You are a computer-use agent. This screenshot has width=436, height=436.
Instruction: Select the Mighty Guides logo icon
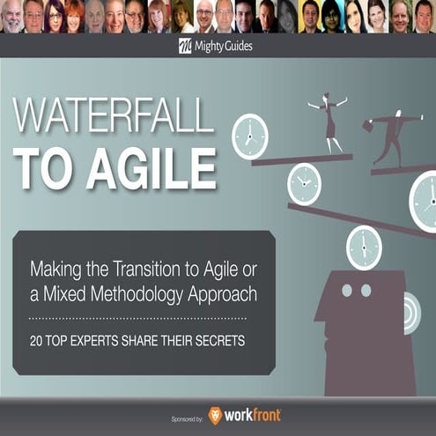click(x=185, y=46)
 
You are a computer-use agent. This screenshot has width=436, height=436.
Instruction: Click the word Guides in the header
click(x=234, y=46)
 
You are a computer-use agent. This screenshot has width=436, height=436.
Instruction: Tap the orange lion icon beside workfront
click(x=213, y=414)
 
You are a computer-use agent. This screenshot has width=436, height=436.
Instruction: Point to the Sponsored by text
click(x=183, y=415)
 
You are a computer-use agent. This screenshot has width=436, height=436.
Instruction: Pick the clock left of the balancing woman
click(x=249, y=136)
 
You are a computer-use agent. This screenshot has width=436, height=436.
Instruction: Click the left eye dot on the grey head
click(x=346, y=290)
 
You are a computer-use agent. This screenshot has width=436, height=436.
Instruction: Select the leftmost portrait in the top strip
click(x=11, y=17)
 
